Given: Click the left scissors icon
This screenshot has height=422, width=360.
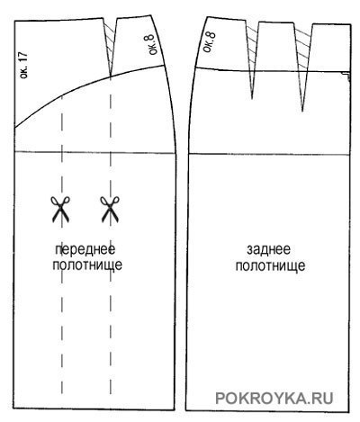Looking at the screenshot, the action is click(60, 209).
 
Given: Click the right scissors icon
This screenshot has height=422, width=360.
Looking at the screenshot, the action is click(110, 209).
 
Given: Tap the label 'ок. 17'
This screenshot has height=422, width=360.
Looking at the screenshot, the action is click(23, 66).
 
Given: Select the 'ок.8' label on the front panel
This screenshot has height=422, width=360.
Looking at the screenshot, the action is click(152, 45).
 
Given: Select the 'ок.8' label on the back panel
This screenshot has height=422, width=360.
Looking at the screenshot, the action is click(209, 42).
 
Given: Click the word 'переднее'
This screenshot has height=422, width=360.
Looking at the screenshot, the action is click(85, 249).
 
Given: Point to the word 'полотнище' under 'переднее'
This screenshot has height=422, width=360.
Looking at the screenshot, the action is click(87, 265).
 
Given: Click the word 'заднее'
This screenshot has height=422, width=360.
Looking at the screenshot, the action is click(268, 249).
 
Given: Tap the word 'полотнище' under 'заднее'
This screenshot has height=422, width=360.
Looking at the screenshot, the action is click(270, 265).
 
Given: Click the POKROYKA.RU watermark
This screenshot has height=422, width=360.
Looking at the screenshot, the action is click(274, 399).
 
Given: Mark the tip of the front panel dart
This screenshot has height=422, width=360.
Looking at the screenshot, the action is click(111, 76).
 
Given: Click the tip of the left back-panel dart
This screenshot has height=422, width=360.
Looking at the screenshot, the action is click(252, 99).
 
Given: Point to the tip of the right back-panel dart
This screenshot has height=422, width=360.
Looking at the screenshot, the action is click(302, 112).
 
